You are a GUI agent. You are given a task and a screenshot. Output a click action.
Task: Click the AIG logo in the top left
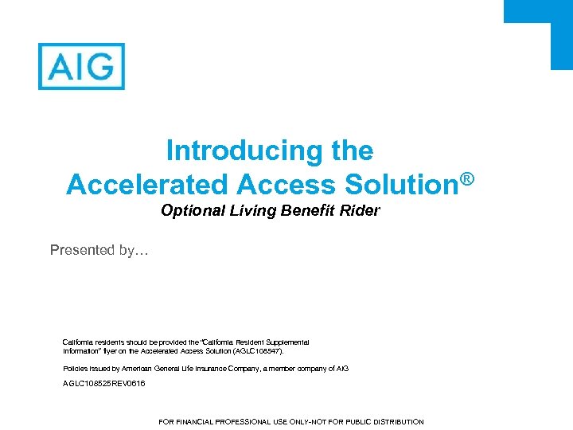81,66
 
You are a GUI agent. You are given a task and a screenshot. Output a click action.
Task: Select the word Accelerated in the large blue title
147,185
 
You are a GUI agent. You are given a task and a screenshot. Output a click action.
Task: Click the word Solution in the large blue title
400,185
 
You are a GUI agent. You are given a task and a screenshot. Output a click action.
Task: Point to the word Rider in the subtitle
361,211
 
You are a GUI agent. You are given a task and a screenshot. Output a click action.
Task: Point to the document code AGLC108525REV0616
104,384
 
